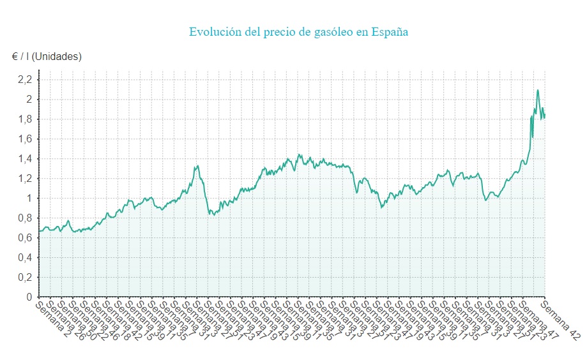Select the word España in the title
tap(390, 32)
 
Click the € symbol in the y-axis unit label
tap(15, 56)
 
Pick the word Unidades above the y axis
tap(57, 56)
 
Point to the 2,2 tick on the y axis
tap(25, 80)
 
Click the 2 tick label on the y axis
tap(29, 100)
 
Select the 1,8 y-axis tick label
tap(25, 119)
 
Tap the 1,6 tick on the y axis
tap(25, 139)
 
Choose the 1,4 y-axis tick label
tap(25, 159)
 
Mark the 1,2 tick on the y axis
tap(25, 179)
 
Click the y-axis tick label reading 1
tap(29, 199)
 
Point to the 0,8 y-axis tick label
tap(25, 218)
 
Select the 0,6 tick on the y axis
tap(25, 238)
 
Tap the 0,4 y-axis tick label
tap(25, 258)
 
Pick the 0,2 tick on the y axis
tap(25, 278)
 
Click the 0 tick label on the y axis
tap(29, 297)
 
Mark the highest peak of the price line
tap(538, 90)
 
